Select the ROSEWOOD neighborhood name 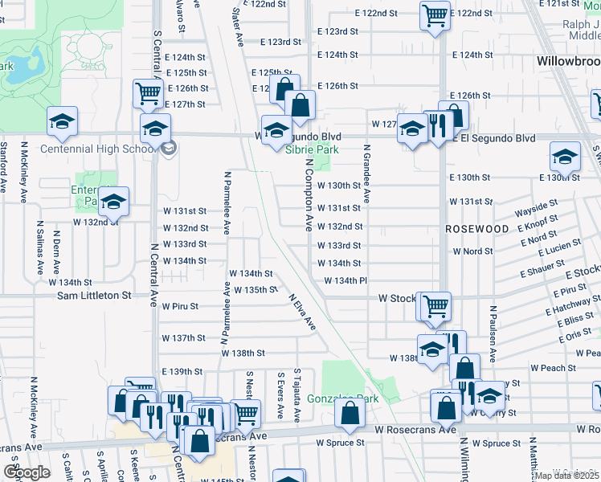pyautogui.click(x=477, y=229)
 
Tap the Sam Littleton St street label pyautogui.click(x=93, y=296)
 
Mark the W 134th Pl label pyautogui.click(x=345, y=280)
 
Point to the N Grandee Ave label pyautogui.click(x=366, y=174)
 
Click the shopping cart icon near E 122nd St pyautogui.click(x=434, y=14)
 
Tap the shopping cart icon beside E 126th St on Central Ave pyautogui.click(x=148, y=92)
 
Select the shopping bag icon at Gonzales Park pyautogui.click(x=350, y=413)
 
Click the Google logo pyautogui.click(x=27, y=472)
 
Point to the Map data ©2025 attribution pyautogui.click(x=566, y=476)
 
